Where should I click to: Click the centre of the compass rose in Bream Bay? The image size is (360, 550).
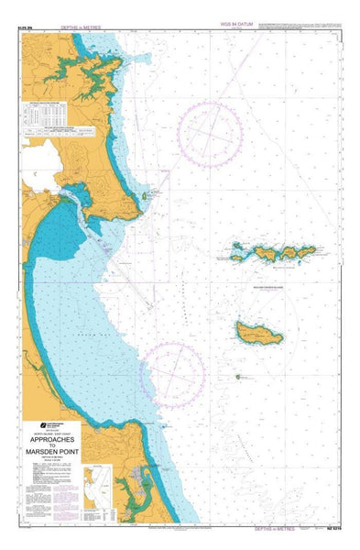coord(173,370)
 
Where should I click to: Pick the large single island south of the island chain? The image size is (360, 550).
coord(258,333)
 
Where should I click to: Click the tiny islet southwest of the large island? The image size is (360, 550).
coord(237,376)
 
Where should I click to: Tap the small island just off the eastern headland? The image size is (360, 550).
coord(147,196)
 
